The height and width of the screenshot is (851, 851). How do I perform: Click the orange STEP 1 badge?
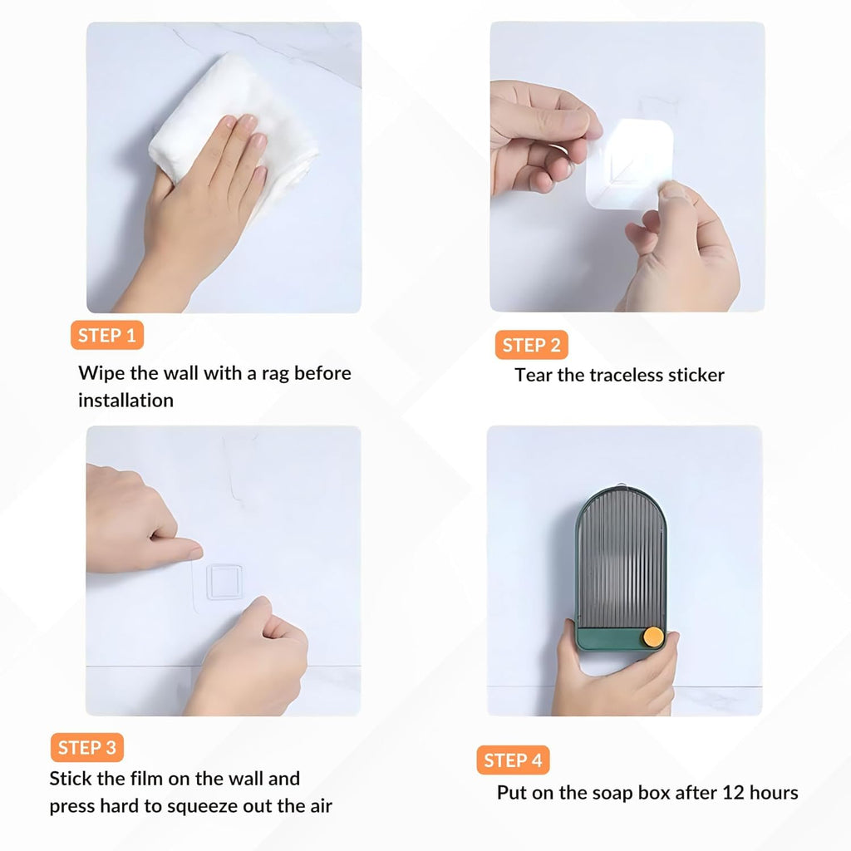point(107,336)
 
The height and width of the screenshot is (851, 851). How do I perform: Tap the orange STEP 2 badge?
point(531,345)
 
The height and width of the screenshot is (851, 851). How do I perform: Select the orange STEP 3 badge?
point(87,747)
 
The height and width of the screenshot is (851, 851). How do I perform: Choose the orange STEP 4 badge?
point(513,760)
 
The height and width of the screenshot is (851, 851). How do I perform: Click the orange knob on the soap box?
point(654,637)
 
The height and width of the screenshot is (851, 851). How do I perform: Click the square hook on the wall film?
point(224,581)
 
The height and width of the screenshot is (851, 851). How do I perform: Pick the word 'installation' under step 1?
point(125,400)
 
